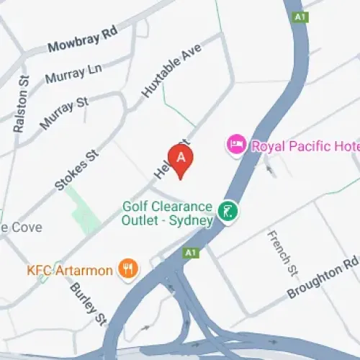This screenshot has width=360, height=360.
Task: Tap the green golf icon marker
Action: [x=228, y=212]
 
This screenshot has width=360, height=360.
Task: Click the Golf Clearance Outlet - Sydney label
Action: [x=168, y=214]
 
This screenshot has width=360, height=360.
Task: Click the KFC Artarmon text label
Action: [x=70, y=271]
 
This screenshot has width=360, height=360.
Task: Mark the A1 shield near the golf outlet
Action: [x=191, y=253]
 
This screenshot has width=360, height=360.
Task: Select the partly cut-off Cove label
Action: [x=22, y=228]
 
